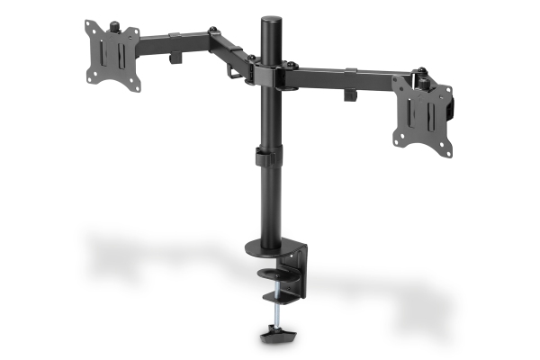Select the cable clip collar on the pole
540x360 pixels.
point(264,157)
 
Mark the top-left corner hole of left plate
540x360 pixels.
point(91,24)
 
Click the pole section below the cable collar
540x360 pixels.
point(267,202)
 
